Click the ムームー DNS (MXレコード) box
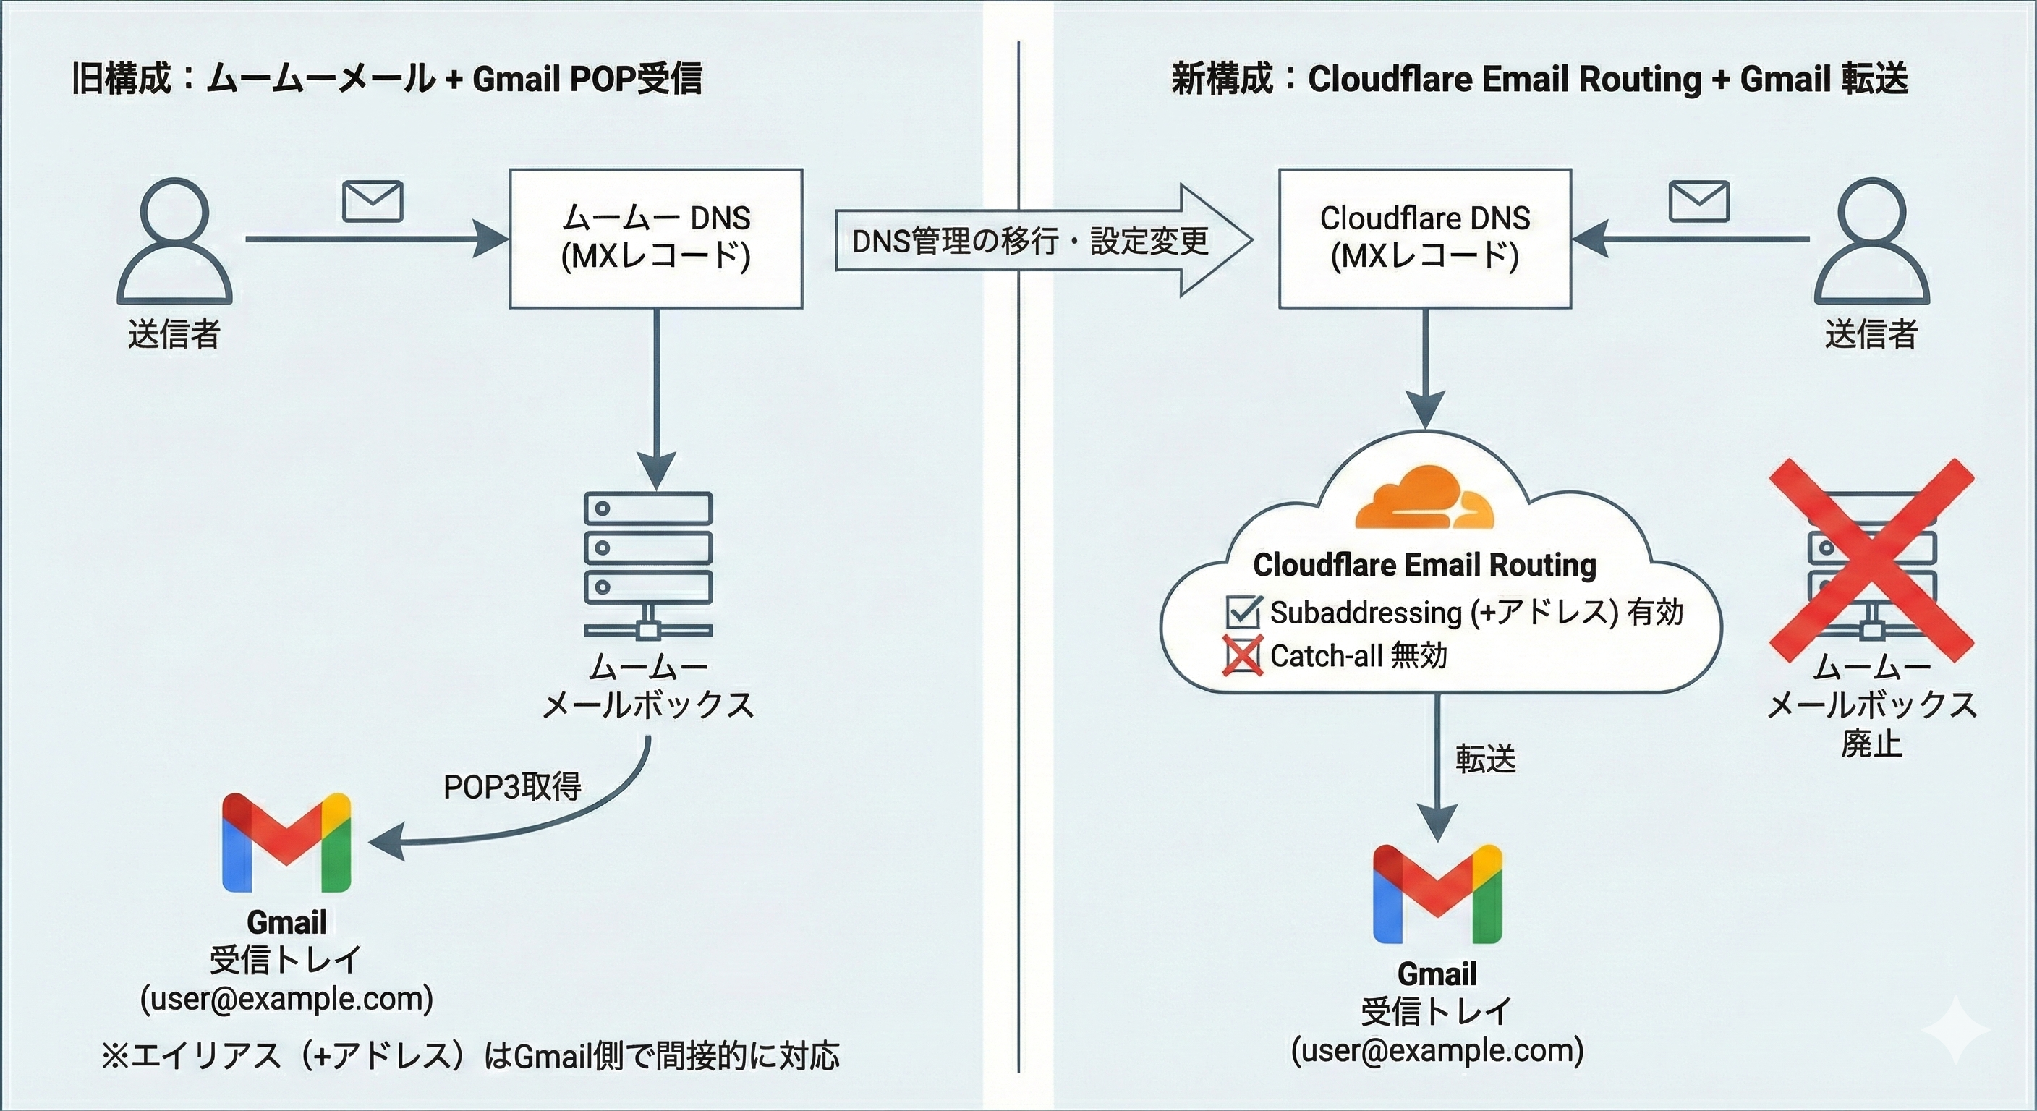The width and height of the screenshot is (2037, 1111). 655,238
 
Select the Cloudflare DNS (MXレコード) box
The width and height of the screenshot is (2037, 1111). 1425,238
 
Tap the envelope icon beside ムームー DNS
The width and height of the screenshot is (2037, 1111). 373,202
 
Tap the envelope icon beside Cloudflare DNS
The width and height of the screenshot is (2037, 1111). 1698,202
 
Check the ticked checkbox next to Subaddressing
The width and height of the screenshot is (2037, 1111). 1242,611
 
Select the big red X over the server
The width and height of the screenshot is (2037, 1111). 1871,560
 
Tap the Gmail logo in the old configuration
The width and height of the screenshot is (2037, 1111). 286,843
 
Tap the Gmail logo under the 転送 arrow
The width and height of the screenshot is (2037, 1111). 1437,894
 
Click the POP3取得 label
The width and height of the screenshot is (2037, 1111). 512,787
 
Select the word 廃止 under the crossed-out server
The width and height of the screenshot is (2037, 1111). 1871,744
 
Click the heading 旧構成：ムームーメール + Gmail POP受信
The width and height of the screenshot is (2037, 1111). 387,78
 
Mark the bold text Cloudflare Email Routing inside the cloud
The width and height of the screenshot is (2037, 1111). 1424,565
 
